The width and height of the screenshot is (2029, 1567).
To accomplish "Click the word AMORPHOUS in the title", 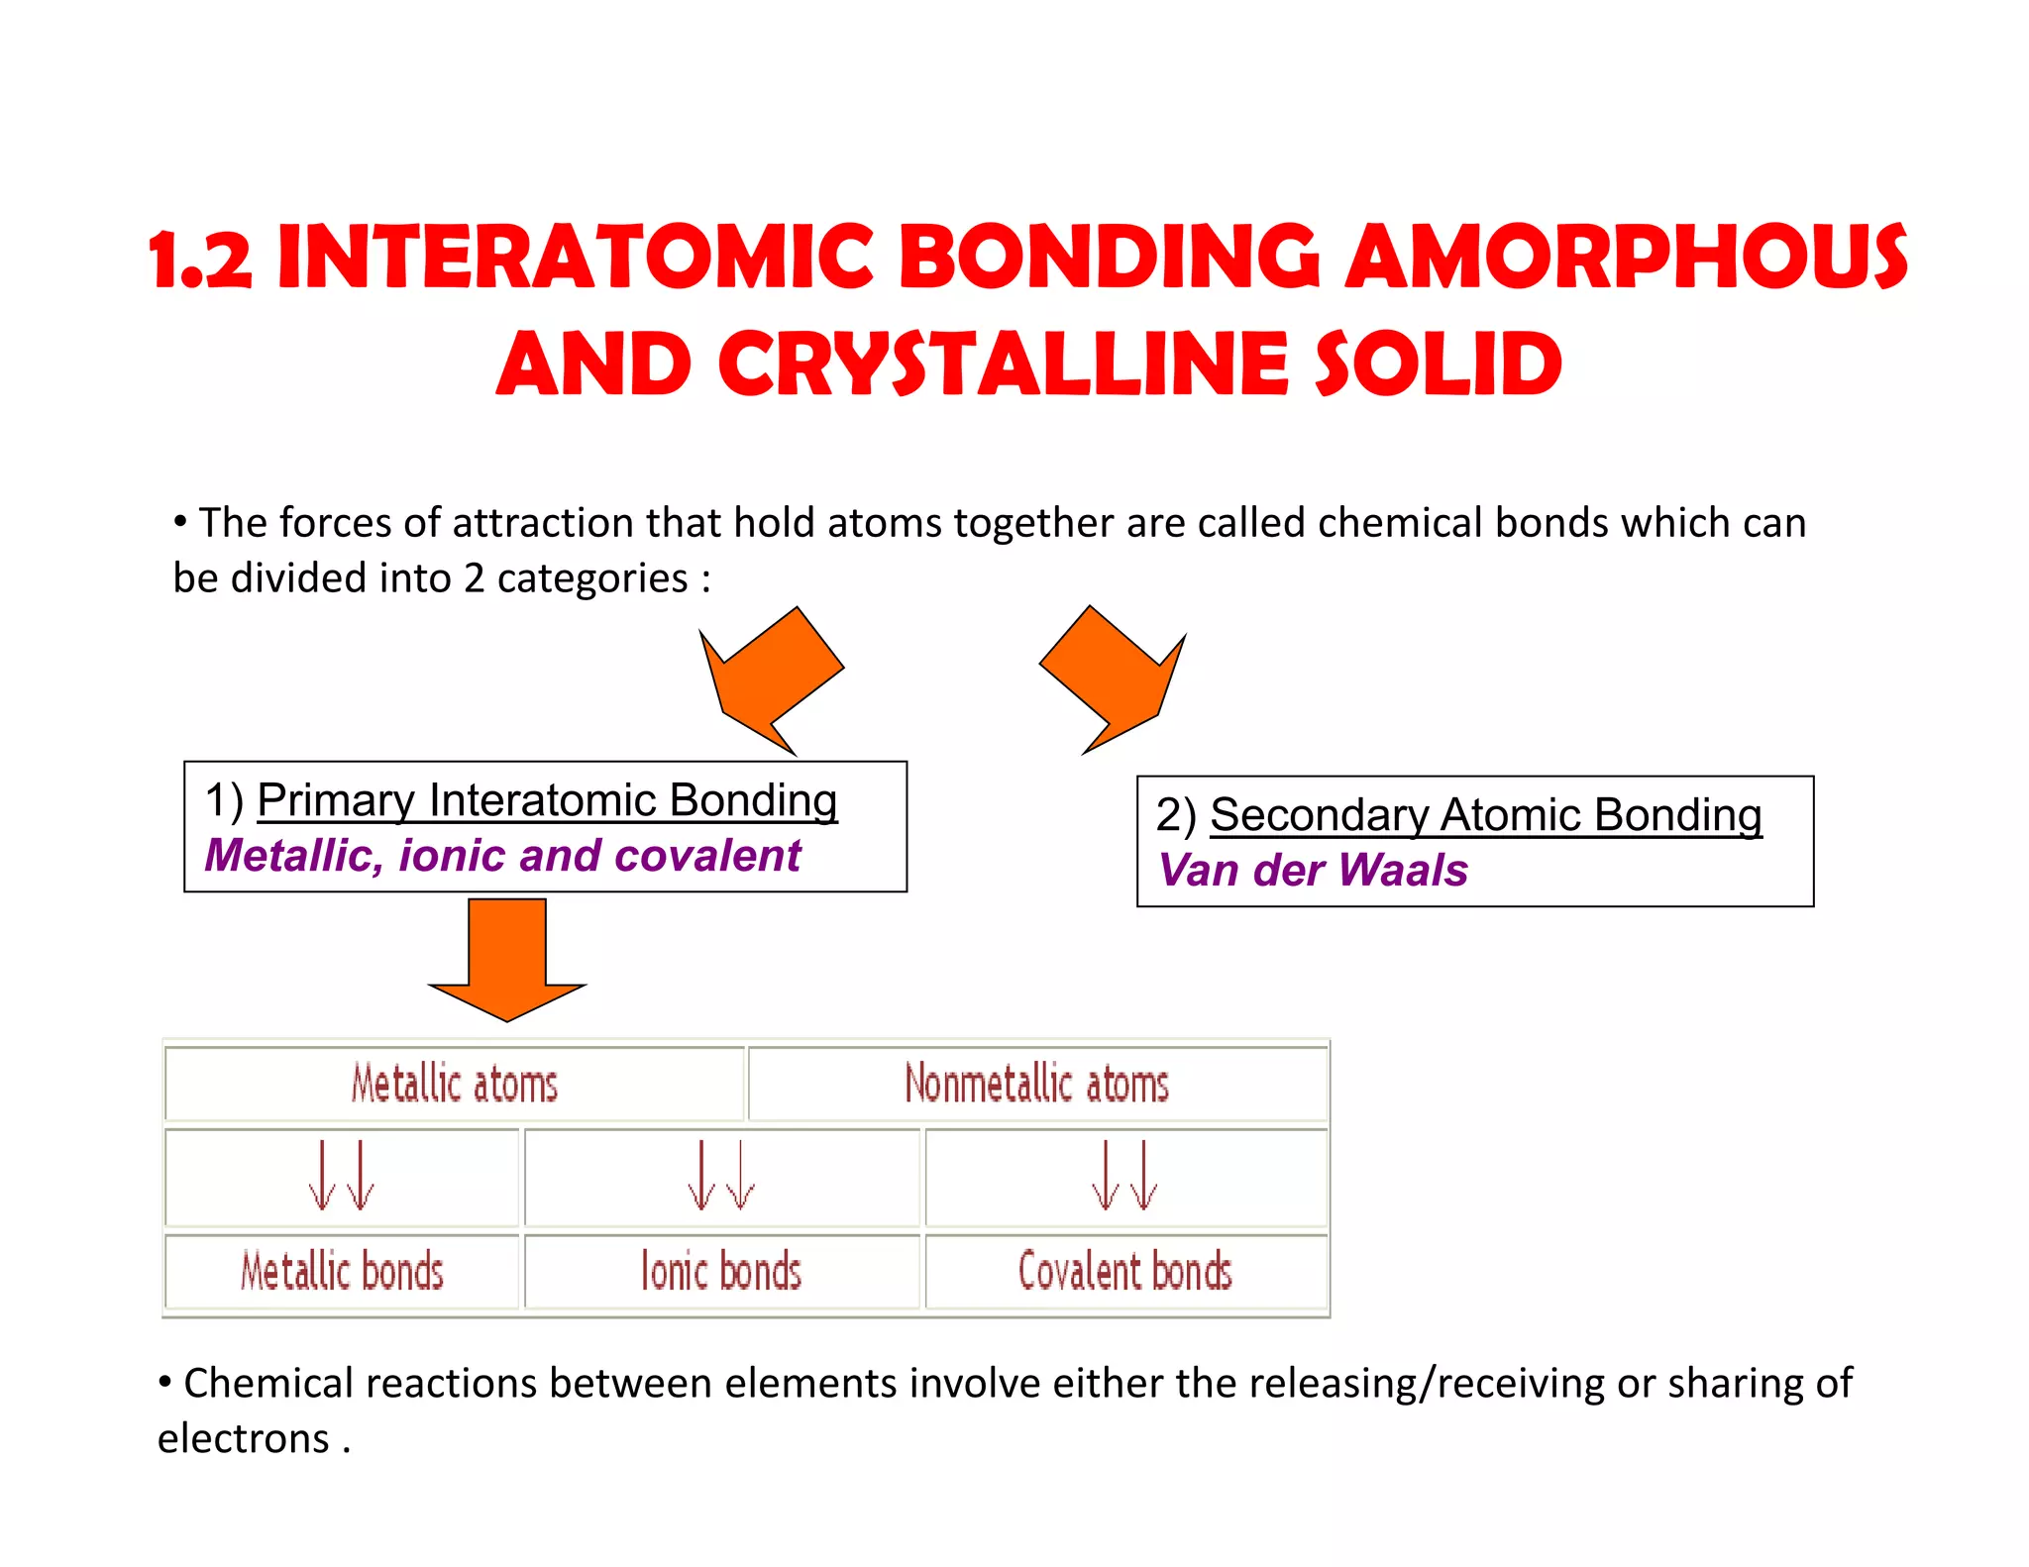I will [1625, 258].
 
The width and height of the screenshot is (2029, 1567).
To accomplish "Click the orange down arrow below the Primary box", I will [507, 957].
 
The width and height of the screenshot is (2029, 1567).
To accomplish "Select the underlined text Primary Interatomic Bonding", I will [547, 800].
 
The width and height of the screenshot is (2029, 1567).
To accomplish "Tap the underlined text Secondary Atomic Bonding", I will [1485, 815].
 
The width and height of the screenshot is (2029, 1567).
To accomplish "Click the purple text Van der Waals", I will [1313, 871].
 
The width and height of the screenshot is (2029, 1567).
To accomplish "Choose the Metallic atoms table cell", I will [455, 1084].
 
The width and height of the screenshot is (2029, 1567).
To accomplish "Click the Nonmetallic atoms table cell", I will [1036, 1084].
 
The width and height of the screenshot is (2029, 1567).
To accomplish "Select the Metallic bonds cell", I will [342, 1272].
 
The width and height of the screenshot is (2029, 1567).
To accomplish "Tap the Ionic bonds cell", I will [721, 1272].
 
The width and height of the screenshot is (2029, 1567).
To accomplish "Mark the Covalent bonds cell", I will [1124, 1272].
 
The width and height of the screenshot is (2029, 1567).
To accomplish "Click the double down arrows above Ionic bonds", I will [721, 1177].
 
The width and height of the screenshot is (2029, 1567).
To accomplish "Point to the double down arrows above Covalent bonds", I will [1124, 1177].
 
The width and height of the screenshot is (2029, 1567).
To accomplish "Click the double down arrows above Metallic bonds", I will [342, 1177].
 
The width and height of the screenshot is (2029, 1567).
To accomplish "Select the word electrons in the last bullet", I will [244, 1439].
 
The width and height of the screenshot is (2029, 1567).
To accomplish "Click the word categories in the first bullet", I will [591, 578].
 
